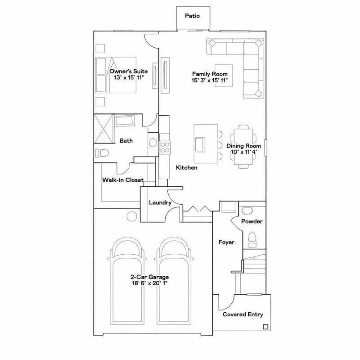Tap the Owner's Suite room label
pyautogui.click(x=123, y=71)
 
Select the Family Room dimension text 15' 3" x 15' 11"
pyautogui.click(x=210, y=81)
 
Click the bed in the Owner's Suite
pyautogui.click(x=116, y=75)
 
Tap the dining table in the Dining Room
pyautogui.click(x=243, y=146)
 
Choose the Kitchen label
pyautogui.click(x=186, y=167)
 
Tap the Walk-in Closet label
pyautogui.click(x=123, y=180)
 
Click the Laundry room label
pyautogui.click(x=160, y=203)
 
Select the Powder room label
pyautogui.click(x=252, y=221)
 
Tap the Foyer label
pyautogui.click(x=226, y=242)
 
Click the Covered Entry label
pyautogui.click(x=243, y=315)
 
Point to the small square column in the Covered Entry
pyautogui.click(x=265, y=327)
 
